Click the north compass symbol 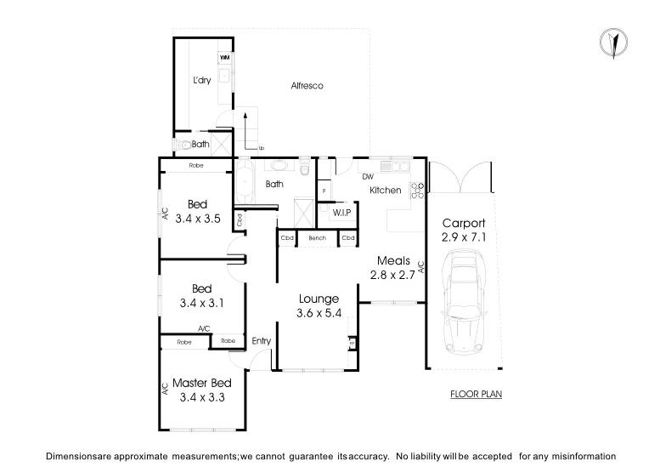612,43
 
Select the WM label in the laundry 225,57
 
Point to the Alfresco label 307,86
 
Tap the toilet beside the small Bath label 182,144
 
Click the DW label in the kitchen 368,177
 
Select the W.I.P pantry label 342,211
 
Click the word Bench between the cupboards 318,239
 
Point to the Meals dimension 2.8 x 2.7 391,274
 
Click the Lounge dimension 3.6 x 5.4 319,313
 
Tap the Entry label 262,341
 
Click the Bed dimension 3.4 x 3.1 201,302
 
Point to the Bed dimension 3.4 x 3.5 198,218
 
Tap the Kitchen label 385,190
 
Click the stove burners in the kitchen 418,191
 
